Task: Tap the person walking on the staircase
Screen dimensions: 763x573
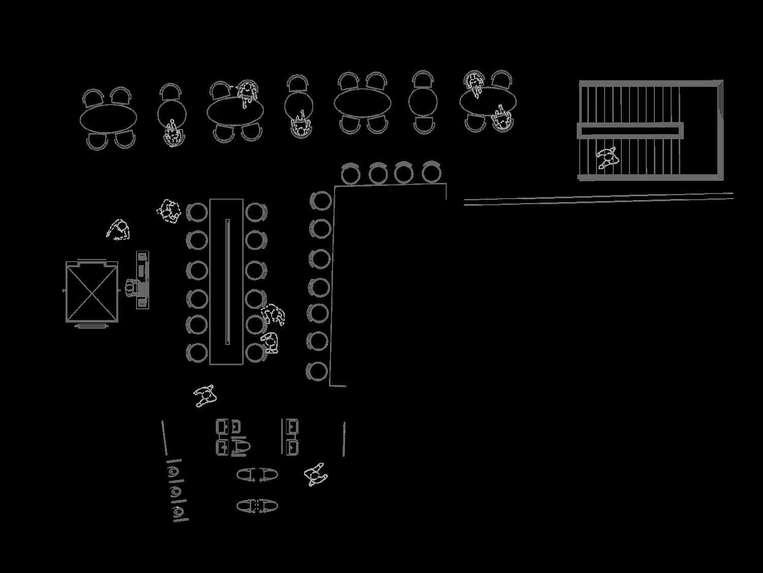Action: [607, 157]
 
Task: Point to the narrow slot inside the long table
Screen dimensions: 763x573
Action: [227, 282]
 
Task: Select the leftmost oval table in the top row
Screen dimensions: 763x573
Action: [108, 119]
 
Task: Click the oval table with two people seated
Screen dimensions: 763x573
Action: [488, 102]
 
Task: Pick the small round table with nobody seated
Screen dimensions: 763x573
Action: [423, 102]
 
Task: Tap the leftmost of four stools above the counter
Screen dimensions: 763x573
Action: [350, 174]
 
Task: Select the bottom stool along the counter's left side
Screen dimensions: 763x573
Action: [318, 371]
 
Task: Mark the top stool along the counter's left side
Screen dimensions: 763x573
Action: [321, 200]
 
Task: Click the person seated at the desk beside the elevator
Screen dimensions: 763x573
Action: [131, 288]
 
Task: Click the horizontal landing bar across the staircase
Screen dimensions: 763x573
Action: [630, 131]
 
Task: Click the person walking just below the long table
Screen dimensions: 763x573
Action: [205, 396]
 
